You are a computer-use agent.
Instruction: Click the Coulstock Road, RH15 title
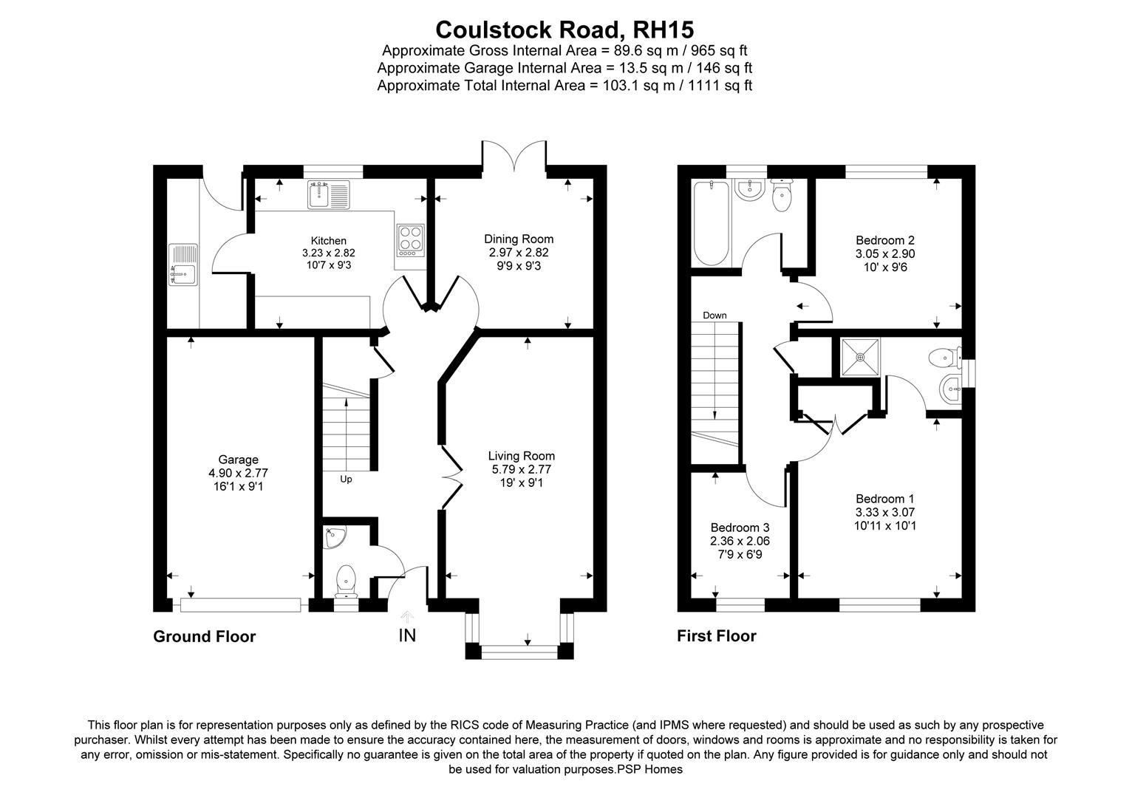tap(564, 30)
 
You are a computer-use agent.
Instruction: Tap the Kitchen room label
tap(329, 241)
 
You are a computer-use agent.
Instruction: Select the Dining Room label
tap(519, 239)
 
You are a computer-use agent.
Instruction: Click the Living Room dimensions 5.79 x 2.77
tap(521, 469)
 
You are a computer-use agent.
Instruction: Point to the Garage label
tap(238, 460)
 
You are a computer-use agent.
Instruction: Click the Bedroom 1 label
tap(884, 499)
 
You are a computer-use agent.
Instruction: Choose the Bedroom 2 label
tap(884, 240)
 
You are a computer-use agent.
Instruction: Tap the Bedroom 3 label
tap(740, 528)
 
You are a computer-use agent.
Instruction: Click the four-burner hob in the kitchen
tap(410, 240)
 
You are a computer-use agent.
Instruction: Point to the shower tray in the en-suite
tap(860, 358)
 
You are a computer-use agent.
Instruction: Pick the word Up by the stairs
tap(346, 479)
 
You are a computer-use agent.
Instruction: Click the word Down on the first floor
tap(714, 316)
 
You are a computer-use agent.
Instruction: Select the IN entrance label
tap(407, 635)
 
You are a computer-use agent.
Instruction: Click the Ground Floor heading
tap(204, 637)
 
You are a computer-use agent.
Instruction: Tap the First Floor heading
tap(716, 636)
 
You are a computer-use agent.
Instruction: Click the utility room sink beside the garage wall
tap(183, 265)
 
